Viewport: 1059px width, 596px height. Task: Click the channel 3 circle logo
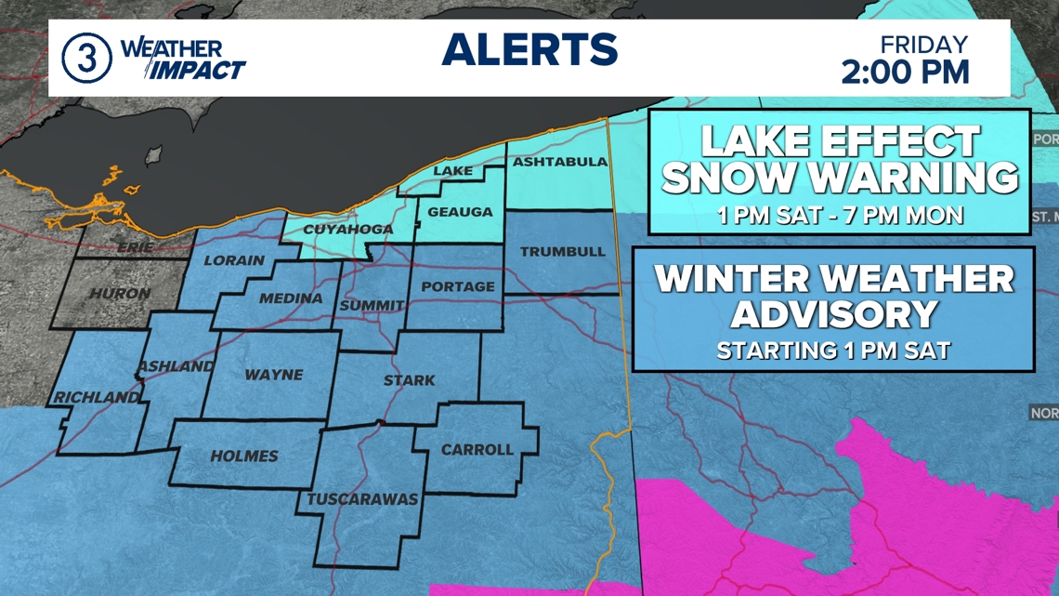point(86,58)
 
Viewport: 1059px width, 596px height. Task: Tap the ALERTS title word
point(529,50)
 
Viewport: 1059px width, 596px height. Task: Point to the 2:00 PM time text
point(905,72)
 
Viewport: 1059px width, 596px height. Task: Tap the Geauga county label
point(460,212)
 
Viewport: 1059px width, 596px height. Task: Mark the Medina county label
point(291,298)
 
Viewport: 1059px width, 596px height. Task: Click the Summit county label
point(372,305)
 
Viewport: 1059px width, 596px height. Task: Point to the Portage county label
point(457,286)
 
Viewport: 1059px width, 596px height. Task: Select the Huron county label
point(120,294)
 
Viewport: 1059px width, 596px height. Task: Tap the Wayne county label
point(273,375)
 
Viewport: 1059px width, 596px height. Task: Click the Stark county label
point(409,380)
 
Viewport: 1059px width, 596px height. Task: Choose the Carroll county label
point(477,450)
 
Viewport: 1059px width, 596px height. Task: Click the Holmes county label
point(244,456)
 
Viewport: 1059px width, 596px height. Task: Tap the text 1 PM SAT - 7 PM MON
point(840,216)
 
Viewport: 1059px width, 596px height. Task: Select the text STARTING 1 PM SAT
point(832,351)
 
